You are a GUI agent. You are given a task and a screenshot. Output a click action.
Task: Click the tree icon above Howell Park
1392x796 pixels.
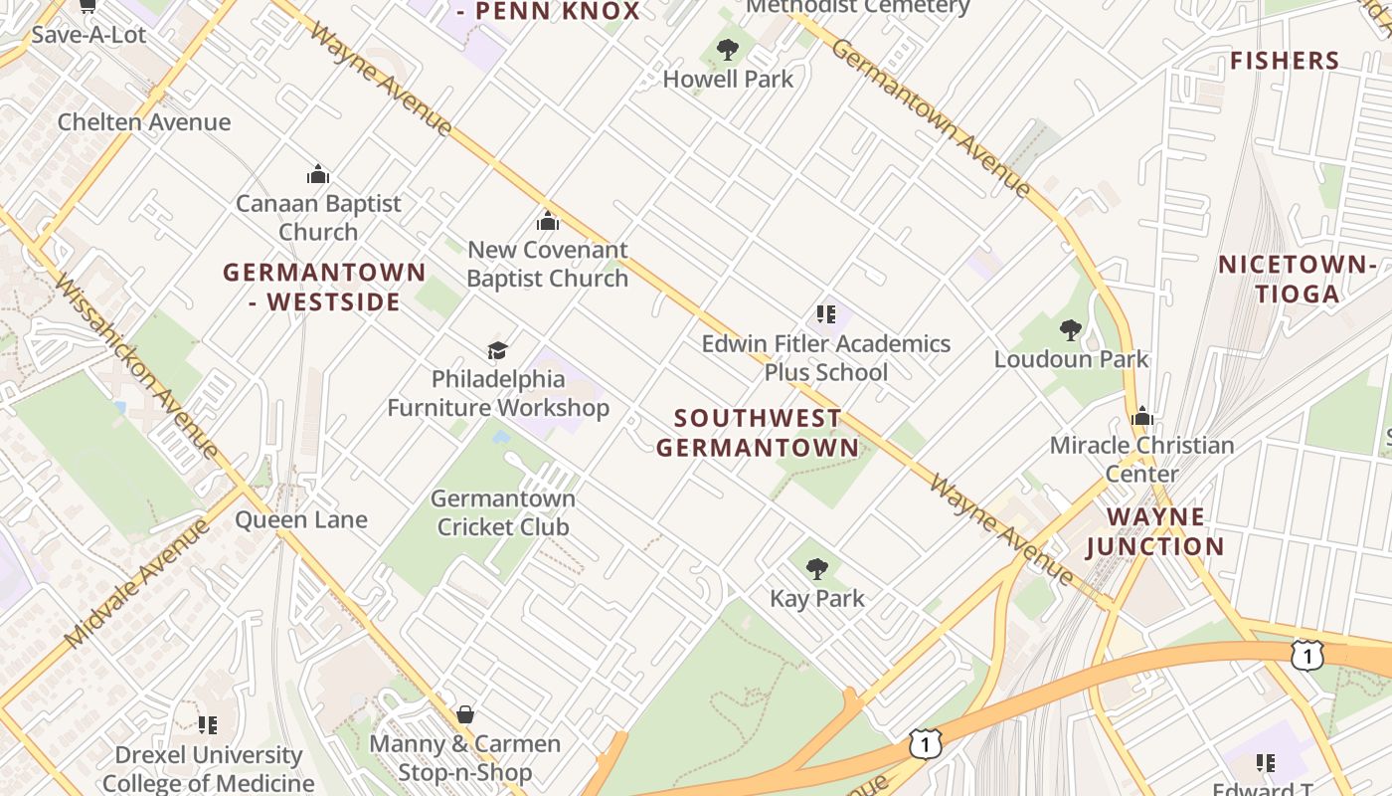pyautogui.click(x=728, y=49)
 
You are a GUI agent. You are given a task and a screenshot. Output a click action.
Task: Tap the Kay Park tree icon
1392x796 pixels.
pyautogui.click(x=817, y=569)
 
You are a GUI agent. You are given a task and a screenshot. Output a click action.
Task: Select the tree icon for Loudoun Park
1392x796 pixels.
pyautogui.click(x=1071, y=329)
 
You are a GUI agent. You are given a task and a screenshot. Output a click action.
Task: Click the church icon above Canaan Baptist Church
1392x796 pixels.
pyautogui.click(x=318, y=174)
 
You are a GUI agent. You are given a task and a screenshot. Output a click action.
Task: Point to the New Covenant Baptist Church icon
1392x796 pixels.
pyautogui.click(x=547, y=220)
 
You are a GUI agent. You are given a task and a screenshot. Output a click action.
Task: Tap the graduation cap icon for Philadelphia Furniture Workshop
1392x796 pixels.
pyautogui.click(x=497, y=350)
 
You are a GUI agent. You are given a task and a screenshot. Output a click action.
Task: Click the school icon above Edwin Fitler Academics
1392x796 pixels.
pyautogui.click(x=825, y=314)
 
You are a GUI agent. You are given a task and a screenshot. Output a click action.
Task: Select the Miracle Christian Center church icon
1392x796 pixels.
pyautogui.click(x=1141, y=416)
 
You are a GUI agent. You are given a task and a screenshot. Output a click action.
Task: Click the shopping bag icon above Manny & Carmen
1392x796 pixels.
pyautogui.click(x=464, y=714)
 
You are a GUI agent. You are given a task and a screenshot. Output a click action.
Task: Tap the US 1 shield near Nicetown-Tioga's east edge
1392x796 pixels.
pyautogui.click(x=1307, y=654)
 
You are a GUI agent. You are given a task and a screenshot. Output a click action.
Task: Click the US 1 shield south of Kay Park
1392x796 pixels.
pyautogui.click(x=925, y=742)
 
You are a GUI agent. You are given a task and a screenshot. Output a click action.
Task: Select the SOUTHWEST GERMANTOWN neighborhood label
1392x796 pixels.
pyautogui.click(x=758, y=433)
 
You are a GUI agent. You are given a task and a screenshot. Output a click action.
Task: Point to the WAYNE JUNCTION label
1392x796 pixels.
pyautogui.click(x=1155, y=531)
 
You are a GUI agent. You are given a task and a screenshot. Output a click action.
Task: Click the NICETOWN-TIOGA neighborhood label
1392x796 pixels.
pyautogui.click(x=1297, y=279)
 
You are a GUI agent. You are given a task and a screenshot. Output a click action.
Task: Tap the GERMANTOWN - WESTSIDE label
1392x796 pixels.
pyautogui.click(x=324, y=287)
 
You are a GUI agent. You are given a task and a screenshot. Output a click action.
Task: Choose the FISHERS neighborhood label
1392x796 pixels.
pyautogui.click(x=1285, y=61)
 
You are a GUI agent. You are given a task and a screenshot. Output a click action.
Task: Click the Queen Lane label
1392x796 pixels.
pyautogui.click(x=300, y=519)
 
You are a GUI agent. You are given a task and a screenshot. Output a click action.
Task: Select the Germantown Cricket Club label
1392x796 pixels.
pyautogui.click(x=503, y=512)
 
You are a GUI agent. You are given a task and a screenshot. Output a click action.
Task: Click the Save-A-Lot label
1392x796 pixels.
pyautogui.click(x=88, y=35)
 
